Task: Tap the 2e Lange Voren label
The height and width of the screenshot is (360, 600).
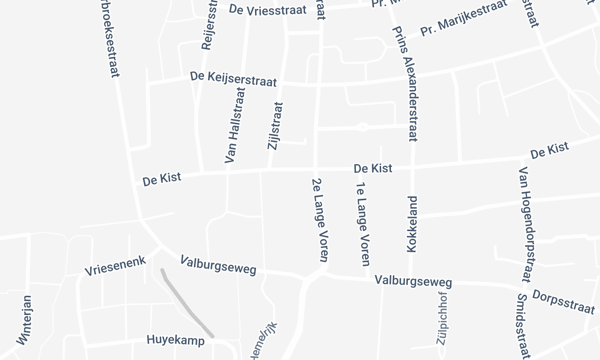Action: [x=320, y=220]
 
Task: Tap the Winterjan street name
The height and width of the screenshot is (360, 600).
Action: [x=25, y=319]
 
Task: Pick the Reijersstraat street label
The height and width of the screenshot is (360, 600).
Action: [x=210, y=26]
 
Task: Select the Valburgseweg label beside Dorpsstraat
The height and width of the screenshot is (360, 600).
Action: [x=414, y=282]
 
